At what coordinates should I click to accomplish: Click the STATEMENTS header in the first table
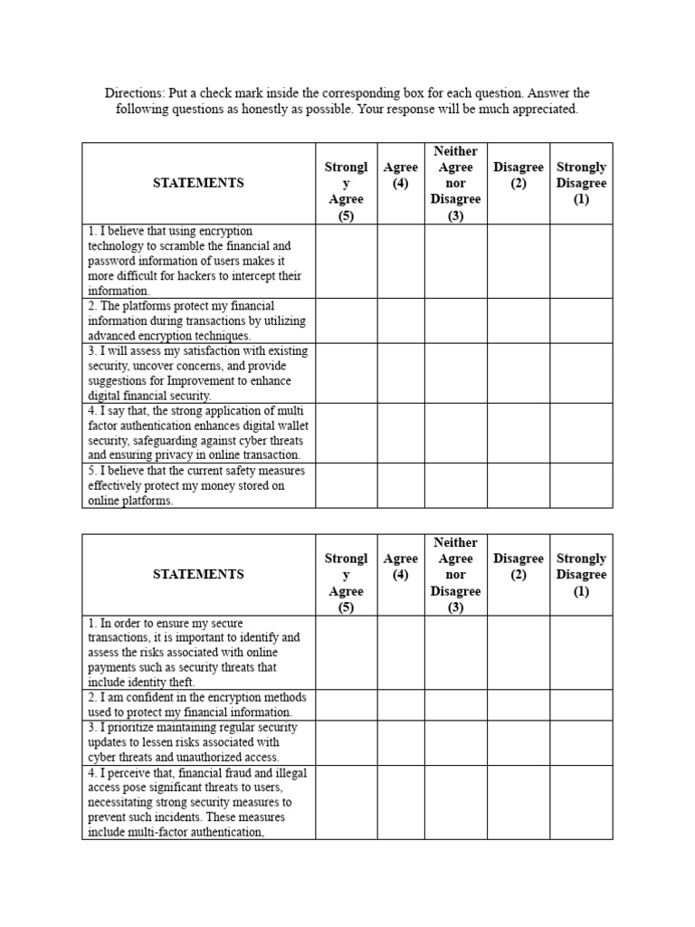(198, 183)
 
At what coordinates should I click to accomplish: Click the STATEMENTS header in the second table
(198, 575)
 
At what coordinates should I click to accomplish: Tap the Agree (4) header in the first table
(401, 176)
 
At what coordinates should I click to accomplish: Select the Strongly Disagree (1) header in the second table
(581, 575)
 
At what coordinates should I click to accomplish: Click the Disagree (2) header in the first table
(519, 176)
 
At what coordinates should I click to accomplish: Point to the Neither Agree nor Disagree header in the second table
(456, 575)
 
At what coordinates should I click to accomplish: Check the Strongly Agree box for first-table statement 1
(346, 261)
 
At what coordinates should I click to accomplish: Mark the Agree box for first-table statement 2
(401, 320)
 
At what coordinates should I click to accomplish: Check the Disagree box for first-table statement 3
(519, 373)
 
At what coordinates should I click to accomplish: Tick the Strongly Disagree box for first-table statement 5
(581, 485)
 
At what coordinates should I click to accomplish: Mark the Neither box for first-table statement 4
(456, 433)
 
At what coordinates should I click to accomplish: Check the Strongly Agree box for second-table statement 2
(346, 704)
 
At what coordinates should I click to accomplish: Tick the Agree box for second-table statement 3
(401, 741)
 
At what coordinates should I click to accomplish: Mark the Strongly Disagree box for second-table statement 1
(581, 652)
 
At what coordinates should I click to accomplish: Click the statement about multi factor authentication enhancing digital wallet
(198, 433)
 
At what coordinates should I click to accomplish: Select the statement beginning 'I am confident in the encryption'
(198, 704)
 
